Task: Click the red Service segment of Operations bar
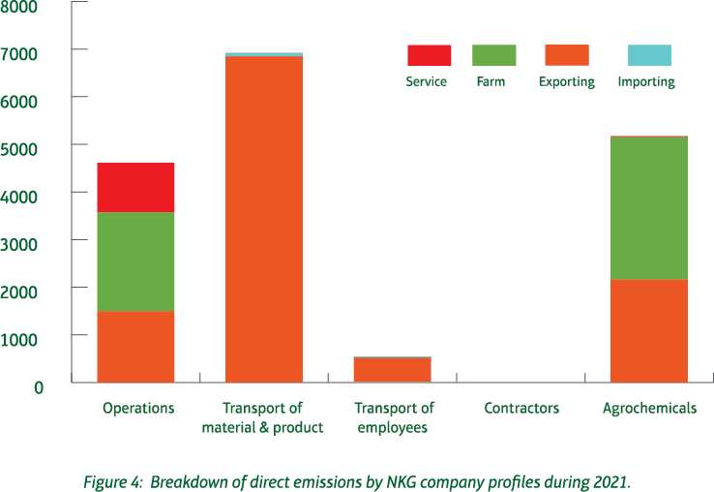click(x=135, y=187)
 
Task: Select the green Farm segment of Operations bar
click(x=135, y=261)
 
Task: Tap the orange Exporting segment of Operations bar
click(x=135, y=347)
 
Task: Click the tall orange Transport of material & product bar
click(x=263, y=219)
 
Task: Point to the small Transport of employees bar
click(x=392, y=370)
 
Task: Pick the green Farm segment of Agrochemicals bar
click(x=648, y=207)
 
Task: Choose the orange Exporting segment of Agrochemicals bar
click(x=648, y=330)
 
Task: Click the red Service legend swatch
click(x=429, y=55)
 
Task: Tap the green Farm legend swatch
click(x=493, y=55)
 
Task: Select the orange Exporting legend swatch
click(x=566, y=55)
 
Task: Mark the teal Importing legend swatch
click(x=648, y=55)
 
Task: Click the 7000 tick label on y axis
click(x=21, y=51)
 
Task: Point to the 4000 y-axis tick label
click(x=21, y=195)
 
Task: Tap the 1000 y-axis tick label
click(x=21, y=338)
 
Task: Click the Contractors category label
click(x=521, y=409)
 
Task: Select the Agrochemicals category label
click(x=648, y=409)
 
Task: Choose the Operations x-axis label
click(x=137, y=409)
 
